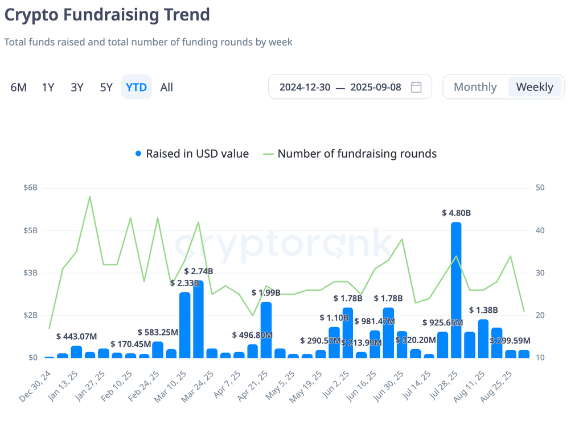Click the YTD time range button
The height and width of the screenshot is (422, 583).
(x=136, y=87)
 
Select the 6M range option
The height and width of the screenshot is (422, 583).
(x=19, y=87)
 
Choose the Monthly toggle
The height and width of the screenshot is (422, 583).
(x=475, y=87)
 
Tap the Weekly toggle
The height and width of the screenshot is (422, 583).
(x=535, y=87)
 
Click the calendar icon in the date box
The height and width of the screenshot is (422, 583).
(x=416, y=87)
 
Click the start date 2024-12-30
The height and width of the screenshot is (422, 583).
(x=305, y=87)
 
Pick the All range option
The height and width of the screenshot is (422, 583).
(x=167, y=87)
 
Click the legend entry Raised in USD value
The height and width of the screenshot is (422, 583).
(x=192, y=154)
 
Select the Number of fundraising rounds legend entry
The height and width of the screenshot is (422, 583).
(x=350, y=154)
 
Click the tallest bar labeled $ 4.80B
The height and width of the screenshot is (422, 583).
(x=456, y=290)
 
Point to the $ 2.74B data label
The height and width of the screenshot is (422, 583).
(x=199, y=271)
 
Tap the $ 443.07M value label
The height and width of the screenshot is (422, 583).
(x=77, y=337)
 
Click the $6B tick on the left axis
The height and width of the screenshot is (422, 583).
(x=31, y=188)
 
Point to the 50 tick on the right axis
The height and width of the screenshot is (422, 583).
(x=540, y=188)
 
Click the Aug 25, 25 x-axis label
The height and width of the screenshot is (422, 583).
(x=496, y=386)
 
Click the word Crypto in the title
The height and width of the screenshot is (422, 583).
(x=31, y=15)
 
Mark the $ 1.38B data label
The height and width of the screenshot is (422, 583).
(x=483, y=310)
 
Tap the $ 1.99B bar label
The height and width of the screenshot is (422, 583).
(x=266, y=293)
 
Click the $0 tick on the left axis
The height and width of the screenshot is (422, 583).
(x=32, y=358)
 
